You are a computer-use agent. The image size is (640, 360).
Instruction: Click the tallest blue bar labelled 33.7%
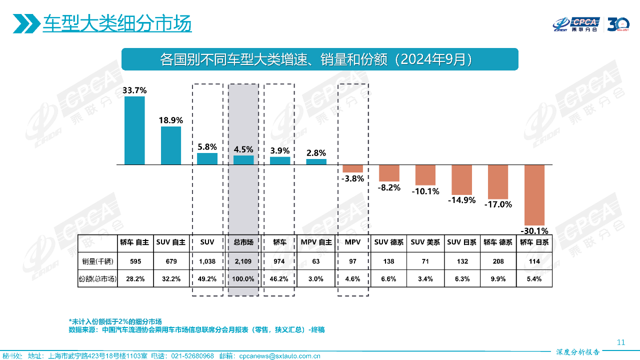point(134,130)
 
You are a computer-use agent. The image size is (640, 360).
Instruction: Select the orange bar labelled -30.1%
point(534,195)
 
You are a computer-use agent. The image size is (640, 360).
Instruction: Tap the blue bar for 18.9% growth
point(171,145)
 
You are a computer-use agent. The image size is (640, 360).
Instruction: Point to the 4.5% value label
point(243,149)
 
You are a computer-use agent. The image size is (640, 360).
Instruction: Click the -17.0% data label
point(498,204)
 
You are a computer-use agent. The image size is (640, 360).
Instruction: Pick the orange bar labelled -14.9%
point(461,179)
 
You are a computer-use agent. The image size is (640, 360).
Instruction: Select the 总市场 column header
point(243,242)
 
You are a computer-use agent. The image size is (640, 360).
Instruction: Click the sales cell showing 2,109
point(243,261)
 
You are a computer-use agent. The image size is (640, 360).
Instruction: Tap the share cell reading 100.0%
point(243,279)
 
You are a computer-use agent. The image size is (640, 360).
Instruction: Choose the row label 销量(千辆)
point(98,261)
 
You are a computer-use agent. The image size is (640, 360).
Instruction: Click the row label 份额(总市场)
point(98,279)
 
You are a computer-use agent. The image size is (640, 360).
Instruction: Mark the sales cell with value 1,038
point(207,261)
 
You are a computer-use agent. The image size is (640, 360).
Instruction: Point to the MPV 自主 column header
point(316,242)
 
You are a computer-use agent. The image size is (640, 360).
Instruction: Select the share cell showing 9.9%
point(498,279)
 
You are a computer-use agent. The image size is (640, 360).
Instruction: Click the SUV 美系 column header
point(425,242)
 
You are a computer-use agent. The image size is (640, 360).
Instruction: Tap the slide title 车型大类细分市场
point(117,23)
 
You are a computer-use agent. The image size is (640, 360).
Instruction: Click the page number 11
point(621,342)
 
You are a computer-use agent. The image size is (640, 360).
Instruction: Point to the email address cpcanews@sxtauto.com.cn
point(279,356)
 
